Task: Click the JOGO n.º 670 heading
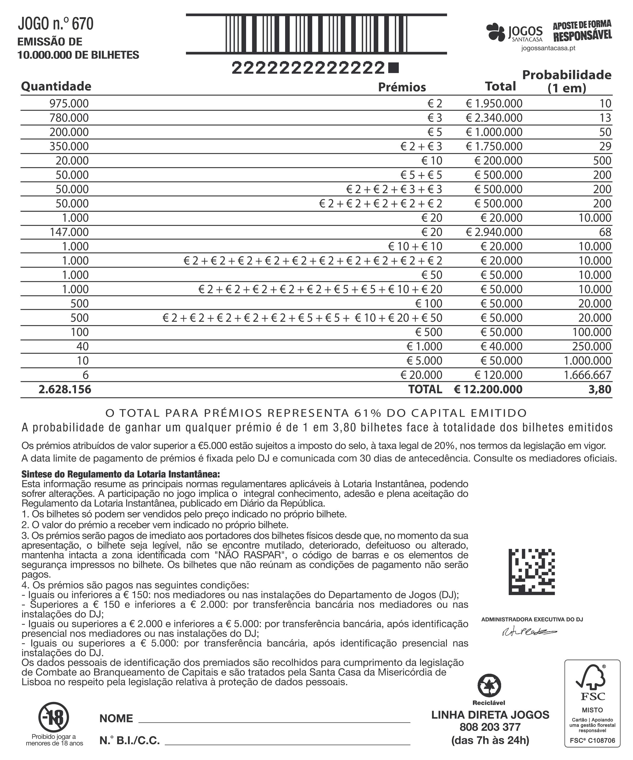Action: pos(55,24)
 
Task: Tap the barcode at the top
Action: pos(316,34)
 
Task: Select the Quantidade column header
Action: pos(56,86)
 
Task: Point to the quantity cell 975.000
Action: pos(69,103)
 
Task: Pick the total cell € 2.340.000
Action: pos(494,118)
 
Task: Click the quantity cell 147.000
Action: pos(69,232)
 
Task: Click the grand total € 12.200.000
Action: pos(488,389)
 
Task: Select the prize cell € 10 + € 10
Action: pos(415,246)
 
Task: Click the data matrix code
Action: pos(531,572)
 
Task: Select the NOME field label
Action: pos(116,718)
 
